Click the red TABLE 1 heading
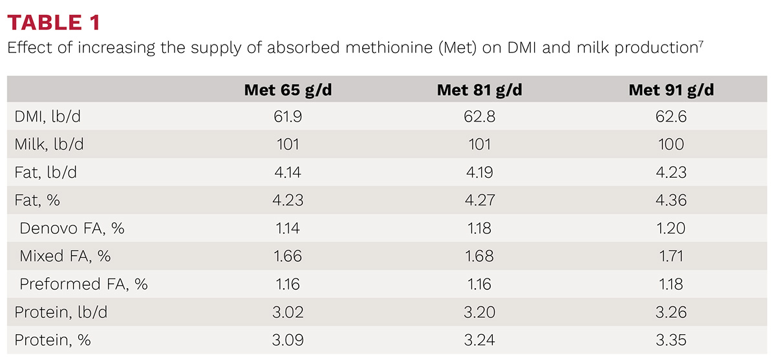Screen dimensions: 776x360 pyautogui.click(x=54, y=23)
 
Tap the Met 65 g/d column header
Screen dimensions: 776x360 pyautogui.click(x=288, y=90)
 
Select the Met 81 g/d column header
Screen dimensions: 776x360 pyautogui.click(x=479, y=90)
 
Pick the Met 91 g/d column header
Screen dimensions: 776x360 pyautogui.click(x=671, y=90)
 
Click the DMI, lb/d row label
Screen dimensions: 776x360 pyautogui.click(x=47, y=116)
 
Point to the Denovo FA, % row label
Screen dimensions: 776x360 pyautogui.click(x=72, y=228)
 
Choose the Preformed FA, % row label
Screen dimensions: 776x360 pyautogui.click(x=83, y=284)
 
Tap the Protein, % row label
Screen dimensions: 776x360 pyautogui.click(x=52, y=340)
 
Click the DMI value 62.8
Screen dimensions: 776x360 pyautogui.click(x=479, y=116)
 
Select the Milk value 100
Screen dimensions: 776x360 pyautogui.click(x=671, y=144)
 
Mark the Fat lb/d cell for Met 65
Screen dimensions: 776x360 pyautogui.click(x=288, y=173)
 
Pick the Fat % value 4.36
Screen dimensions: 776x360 pyautogui.click(x=671, y=200)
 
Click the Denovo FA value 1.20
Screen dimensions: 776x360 pyautogui.click(x=671, y=228)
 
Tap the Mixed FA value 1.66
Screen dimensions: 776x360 pyautogui.click(x=288, y=256)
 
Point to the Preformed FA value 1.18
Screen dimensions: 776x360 pyautogui.click(x=671, y=284)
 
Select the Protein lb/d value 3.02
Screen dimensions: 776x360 pyautogui.click(x=288, y=312)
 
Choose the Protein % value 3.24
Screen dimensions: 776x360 pyautogui.click(x=479, y=340)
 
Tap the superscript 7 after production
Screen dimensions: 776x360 pyautogui.click(x=701, y=43)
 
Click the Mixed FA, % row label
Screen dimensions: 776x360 pyautogui.click(x=65, y=256)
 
